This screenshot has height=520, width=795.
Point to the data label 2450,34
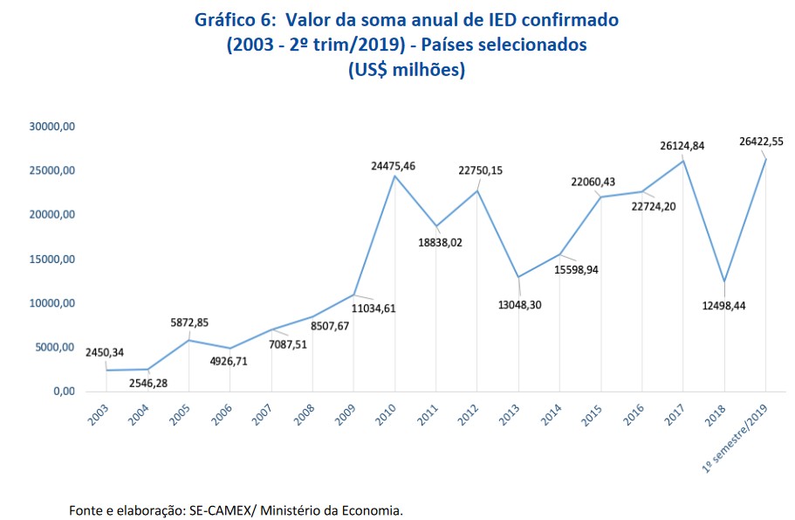(106, 352)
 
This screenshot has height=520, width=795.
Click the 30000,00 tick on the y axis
(53, 127)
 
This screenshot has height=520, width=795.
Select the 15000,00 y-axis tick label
(53, 260)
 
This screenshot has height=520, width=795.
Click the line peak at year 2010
(394, 176)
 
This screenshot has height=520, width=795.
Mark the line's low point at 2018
(724, 281)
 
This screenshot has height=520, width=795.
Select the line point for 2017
(683, 161)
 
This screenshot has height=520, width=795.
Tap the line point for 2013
(518, 277)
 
